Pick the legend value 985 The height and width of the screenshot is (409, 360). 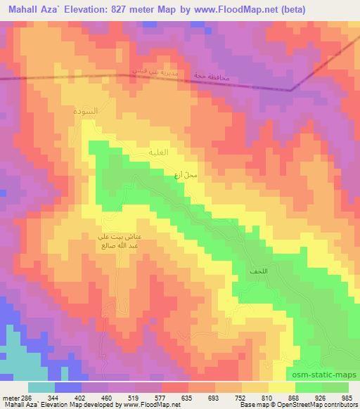pyautogui.click(x=347, y=397)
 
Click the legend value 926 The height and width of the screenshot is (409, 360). pyautogui.click(x=319, y=397)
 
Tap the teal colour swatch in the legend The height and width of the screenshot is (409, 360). pyautogui.click(x=41, y=387)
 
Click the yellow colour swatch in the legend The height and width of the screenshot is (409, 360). pyautogui.click(x=281, y=387)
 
